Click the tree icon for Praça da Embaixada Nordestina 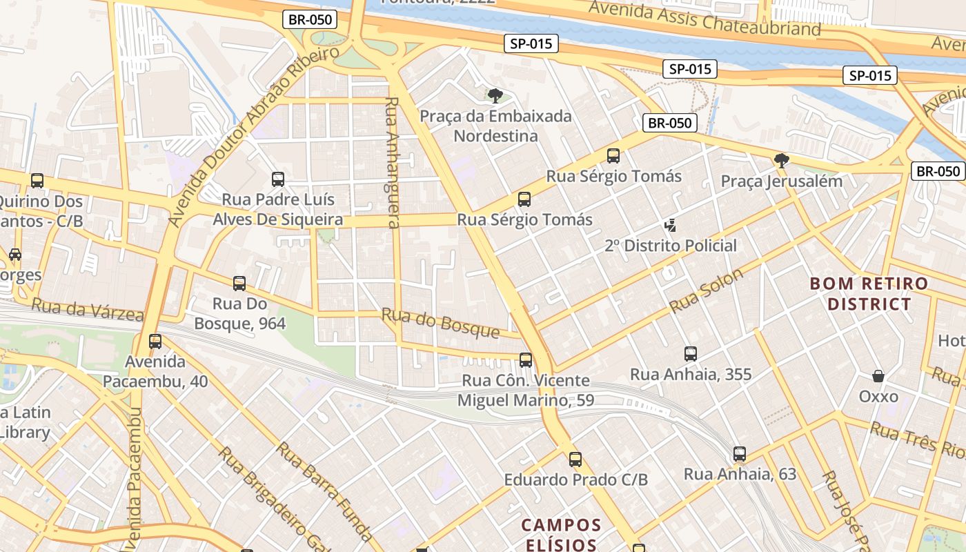click(495, 95)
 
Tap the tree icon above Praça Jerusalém click(781, 161)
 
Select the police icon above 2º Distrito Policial click(669, 225)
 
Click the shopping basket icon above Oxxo click(878, 376)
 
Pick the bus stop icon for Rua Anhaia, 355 click(691, 354)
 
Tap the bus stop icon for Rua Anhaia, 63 click(740, 454)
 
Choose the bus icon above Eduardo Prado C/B click(575, 459)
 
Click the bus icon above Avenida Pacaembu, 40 click(155, 341)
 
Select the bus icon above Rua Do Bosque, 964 click(239, 283)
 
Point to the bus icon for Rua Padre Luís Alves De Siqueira click(278, 179)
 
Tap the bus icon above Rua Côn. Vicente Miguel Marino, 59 click(526, 359)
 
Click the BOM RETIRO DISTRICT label click(869, 294)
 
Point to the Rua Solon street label click(707, 290)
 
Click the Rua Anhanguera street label click(392, 162)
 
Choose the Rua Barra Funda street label click(325, 491)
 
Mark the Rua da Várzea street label click(87, 310)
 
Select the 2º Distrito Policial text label click(671, 246)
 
